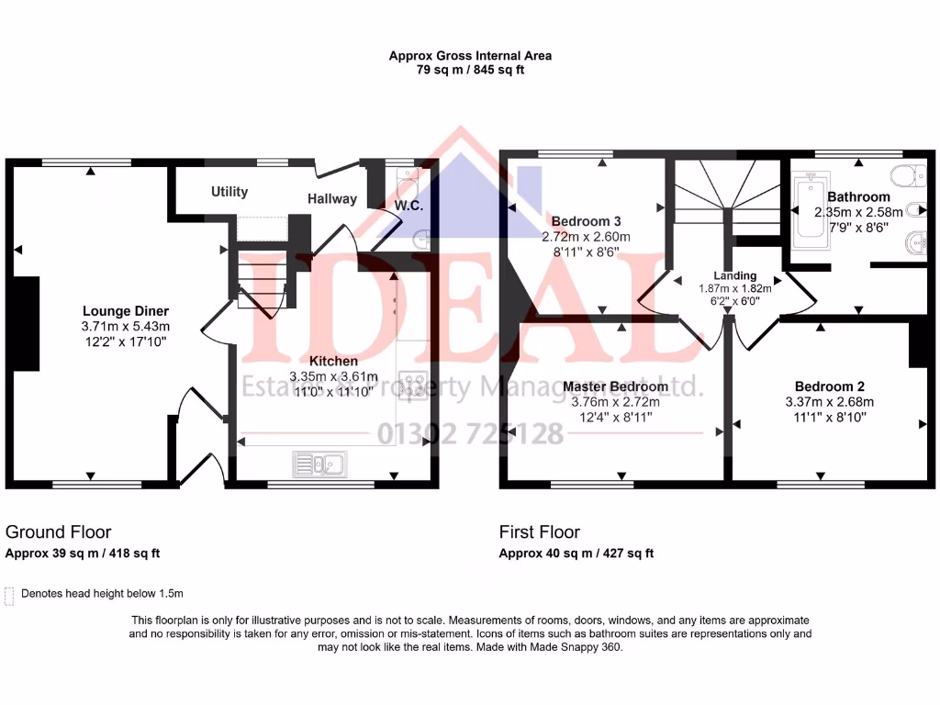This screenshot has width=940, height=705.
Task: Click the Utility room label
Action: [x=229, y=192]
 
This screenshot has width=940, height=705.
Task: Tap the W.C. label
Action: [x=408, y=204]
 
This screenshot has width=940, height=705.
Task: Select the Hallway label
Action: [x=331, y=198]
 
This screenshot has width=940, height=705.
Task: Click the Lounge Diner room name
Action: [x=126, y=311]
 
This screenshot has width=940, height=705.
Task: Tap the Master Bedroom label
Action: [x=615, y=386]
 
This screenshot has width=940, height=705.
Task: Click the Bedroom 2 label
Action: [x=829, y=386]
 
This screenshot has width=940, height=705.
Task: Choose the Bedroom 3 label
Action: [x=587, y=221]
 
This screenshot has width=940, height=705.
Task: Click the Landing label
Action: [x=734, y=275]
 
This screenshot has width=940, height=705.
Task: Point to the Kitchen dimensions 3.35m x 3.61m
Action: [x=333, y=376]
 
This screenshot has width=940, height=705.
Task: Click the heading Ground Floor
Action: [x=59, y=532]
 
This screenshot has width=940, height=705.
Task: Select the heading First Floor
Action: [x=540, y=532]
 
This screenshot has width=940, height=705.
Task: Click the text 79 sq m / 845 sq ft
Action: [x=470, y=70]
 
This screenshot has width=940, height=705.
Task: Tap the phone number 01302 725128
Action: [x=471, y=433]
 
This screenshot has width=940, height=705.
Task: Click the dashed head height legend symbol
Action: [x=10, y=596]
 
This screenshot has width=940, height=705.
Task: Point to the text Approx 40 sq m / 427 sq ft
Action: [x=576, y=554]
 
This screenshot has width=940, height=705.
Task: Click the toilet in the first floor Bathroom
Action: [x=907, y=174]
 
